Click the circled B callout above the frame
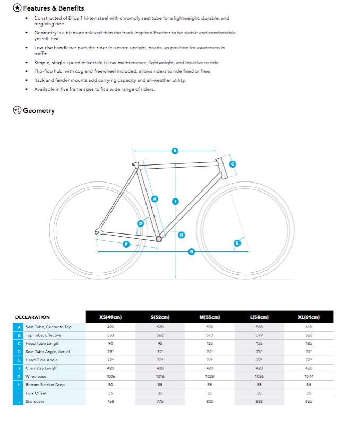(x=175, y=151)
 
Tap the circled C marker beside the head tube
(x=233, y=164)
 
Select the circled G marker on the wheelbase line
(x=192, y=252)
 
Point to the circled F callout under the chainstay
(x=126, y=244)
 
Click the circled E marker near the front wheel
(x=237, y=243)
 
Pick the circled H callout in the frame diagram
(x=182, y=235)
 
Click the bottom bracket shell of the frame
(x=159, y=239)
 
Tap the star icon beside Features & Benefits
(x=17, y=8)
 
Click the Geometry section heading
(x=39, y=110)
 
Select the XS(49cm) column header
(x=110, y=317)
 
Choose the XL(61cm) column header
(x=308, y=317)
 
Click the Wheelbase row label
(x=36, y=377)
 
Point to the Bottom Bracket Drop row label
(x=45, y=385)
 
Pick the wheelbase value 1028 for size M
(x=210, y=377)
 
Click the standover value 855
(x=308, y=401)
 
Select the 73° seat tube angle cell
(x=110, y=352)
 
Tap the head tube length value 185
(x=308, y=343)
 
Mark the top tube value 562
(x=160, y=335)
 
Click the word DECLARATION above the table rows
(x=32, y=317)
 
